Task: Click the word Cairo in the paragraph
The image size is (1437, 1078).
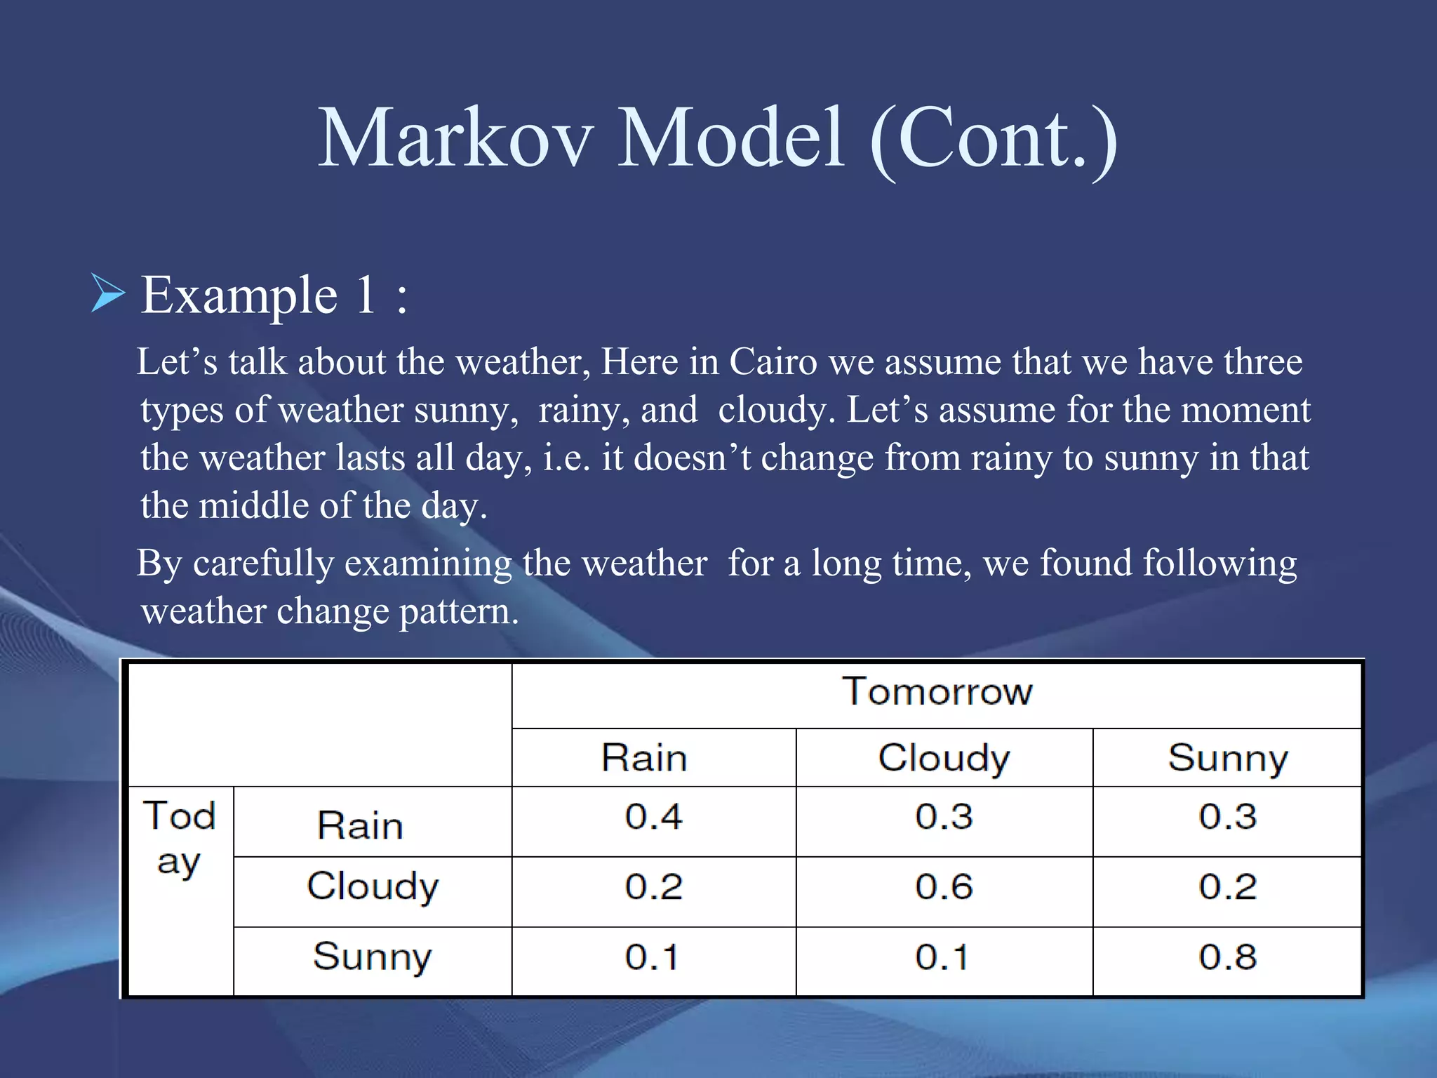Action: click(x=773, y=362)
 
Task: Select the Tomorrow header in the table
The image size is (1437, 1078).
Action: click(x=937, y=691)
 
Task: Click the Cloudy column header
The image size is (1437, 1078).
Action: click(x=944, y=758)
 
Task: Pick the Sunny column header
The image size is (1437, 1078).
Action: click(x=1227, y=758)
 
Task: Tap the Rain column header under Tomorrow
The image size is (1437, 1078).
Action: click(x=644, y=758)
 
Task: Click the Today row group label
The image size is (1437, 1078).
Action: click(x=180, y=838)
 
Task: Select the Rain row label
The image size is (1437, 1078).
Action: click(x=360, y=825)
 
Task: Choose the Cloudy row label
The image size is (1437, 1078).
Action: click(x=373, y=886)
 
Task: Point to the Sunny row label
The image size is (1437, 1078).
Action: click(x=372, y=957)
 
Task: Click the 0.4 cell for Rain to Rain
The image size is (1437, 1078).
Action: click(x=653, y=816)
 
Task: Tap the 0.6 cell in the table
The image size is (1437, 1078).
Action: click(x=944, y=886)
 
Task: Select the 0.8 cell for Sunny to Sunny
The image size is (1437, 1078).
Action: click(x=1227, y=957)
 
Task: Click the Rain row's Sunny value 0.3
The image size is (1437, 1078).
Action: click(x=1227, y=816)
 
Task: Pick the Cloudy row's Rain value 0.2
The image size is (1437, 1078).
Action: click(x=653, y=886)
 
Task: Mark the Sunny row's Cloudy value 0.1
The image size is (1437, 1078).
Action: click(x=942, y=957)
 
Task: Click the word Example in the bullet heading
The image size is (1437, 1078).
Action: click(x=239, y=295)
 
